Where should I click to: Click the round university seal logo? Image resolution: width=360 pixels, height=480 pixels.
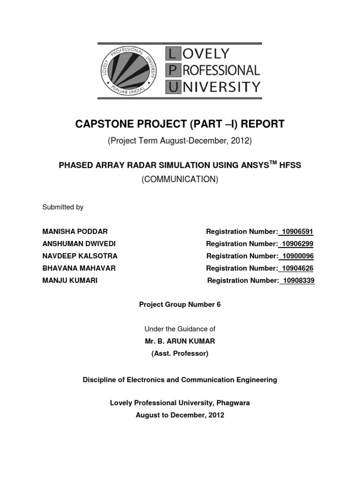pos(129,71)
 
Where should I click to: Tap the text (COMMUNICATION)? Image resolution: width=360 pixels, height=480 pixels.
pos(180,180)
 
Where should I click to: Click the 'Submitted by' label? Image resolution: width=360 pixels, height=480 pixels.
pos(63,207)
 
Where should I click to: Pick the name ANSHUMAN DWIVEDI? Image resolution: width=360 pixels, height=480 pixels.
pos(79,244)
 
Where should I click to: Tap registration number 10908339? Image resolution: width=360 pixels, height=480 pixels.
pos(298,280)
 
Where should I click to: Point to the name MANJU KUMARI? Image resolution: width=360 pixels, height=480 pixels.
pos(70,280)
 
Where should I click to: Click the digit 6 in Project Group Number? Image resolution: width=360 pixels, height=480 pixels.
pos(218,305)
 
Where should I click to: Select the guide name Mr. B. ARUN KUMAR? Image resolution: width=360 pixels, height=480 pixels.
pos(180,341)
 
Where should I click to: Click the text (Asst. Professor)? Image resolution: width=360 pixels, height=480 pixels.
pos(180,353)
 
